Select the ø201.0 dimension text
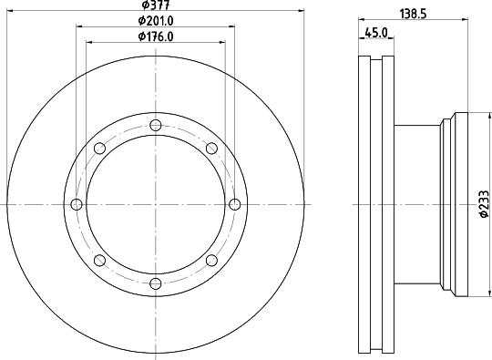[156, 21]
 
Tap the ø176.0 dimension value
[156, 36]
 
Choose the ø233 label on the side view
[484, 205]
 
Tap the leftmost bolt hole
[75, 204]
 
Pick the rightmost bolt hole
[235, 204]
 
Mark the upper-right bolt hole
[211, 148]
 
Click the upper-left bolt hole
[98, 148]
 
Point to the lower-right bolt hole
[211, 261]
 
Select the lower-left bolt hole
[98, 261]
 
